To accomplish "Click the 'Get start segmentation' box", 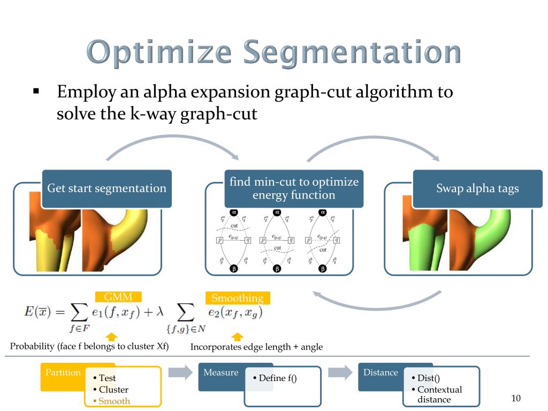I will point(106,188).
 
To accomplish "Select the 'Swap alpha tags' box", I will point(477,188).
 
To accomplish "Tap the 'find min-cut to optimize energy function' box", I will point(294,188).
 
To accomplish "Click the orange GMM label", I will point(118,298).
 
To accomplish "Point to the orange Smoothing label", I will point(238,298).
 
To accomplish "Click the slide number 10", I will point(516,398).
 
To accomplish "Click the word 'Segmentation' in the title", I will point(352,53).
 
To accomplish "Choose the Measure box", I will point(220,372).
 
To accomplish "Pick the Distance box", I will point(380,372).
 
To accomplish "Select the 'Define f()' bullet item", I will point(277,378).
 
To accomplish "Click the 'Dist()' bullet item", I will point(428,378).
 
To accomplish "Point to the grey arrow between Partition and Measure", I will point(180,373).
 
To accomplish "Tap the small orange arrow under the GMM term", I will point(111,336).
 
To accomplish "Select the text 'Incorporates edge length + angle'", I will point(256,347).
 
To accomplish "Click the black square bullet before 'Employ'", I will point(37,91).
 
